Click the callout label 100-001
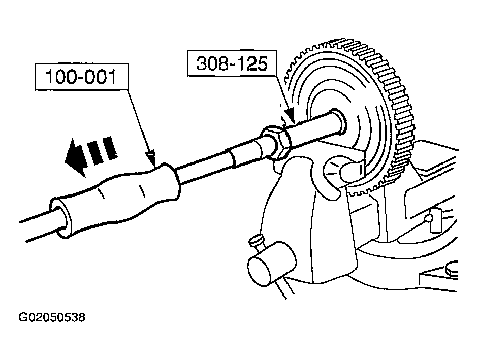[x=81, y=77]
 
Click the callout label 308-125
[x=232, y=63]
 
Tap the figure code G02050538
[x=52, y=318]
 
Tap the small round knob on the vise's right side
[x=429, y=218]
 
